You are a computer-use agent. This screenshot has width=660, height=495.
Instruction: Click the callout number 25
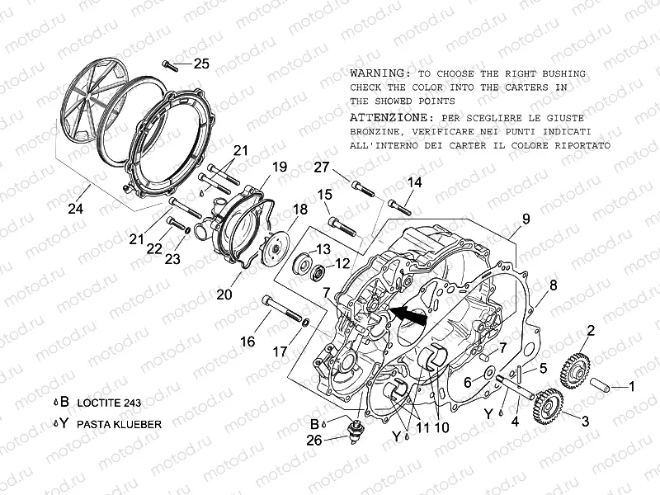201,64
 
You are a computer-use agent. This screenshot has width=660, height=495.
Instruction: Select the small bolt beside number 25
172,63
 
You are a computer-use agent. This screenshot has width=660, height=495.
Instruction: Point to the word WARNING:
380,73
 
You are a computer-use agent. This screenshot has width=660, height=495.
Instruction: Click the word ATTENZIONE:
389,117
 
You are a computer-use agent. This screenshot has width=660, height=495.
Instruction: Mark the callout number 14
414,182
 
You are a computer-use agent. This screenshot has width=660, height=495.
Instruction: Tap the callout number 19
279,167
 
